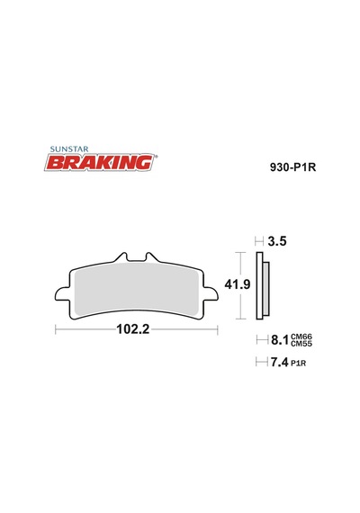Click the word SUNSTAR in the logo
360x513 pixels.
click(x=69, y=149)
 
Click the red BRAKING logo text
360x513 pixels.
click(x=100, y=163)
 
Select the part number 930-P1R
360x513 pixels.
click(x=292, y=167)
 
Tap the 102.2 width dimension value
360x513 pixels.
click(x=133, y=328)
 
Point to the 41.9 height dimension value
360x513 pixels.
click(x=238, y=284)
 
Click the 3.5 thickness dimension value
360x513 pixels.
click(x=277, y=241)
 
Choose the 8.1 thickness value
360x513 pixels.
click(x=279, y=340)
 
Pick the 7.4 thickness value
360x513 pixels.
click(x=279, y=362)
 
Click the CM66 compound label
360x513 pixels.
click(x=301, y=337)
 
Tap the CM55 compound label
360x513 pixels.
click(x=301, y=344)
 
